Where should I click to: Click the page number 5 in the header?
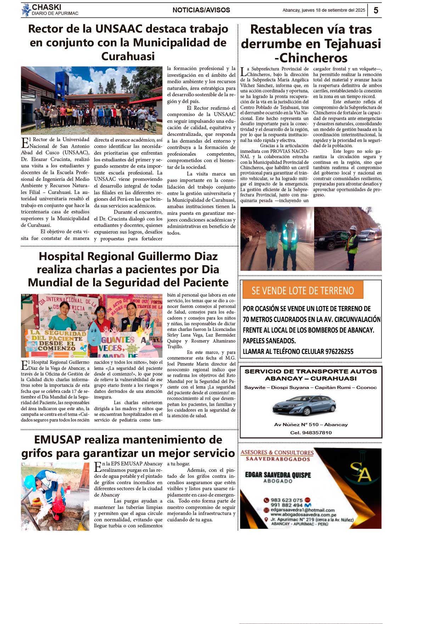[x=376, y=10]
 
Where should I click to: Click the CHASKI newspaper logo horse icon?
[x=26, y=10]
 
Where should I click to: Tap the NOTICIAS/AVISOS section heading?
[x=201, y=10]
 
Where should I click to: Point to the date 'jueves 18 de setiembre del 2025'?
[x=333, y=10]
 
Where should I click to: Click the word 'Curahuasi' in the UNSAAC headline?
[x=128, y=56]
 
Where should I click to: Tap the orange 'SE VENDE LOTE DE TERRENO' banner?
[x=303, y=290]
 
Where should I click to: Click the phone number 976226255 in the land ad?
[x=333, y=351]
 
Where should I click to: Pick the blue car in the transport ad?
[x=304, y=405]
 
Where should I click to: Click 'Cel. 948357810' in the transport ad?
[x=311, y=433]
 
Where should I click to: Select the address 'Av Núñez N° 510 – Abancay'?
[x=311, y=424]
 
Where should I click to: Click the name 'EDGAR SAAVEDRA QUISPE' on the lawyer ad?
[x=278, y=475]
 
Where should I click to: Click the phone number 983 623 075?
[x=287, y=500]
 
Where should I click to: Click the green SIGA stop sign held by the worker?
[x=344, y=235]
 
